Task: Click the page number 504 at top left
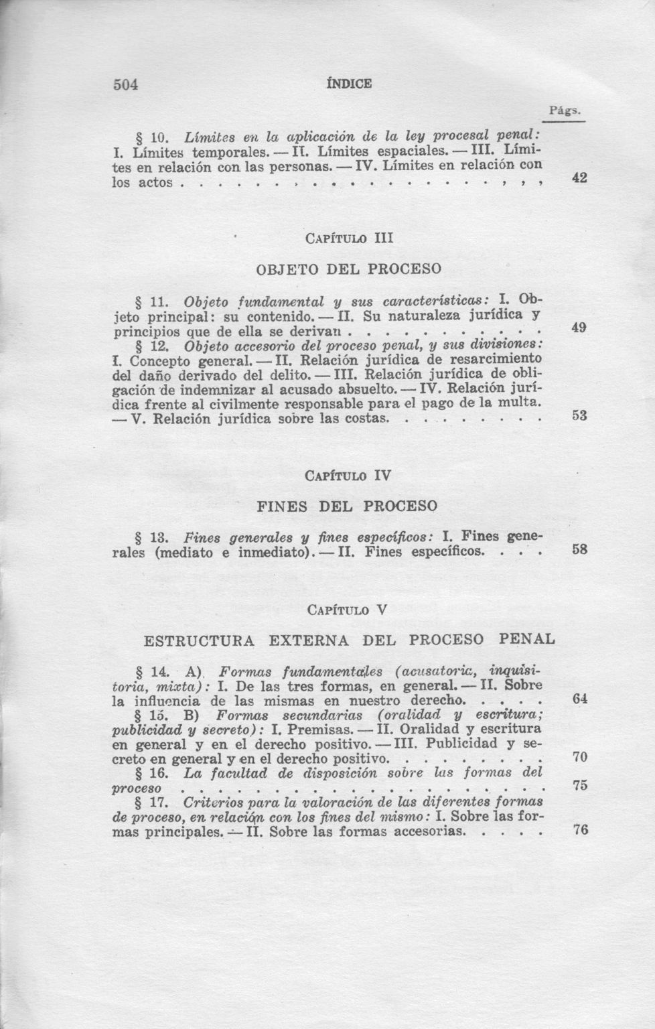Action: click(125, 84)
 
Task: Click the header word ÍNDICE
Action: click(348, 84)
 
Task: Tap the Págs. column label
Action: click(565, 111)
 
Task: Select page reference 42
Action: click(580, 178)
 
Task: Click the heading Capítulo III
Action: click(348, 238)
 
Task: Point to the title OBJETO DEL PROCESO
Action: click(349, 269)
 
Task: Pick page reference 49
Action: click(580, 328)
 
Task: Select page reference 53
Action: click(580, 415)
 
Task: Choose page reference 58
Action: click(580, 550)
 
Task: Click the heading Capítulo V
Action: click(348, 610)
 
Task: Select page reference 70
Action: click(580, 758)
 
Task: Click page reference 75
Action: click(580, 786)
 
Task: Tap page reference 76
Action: click(580, 830)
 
